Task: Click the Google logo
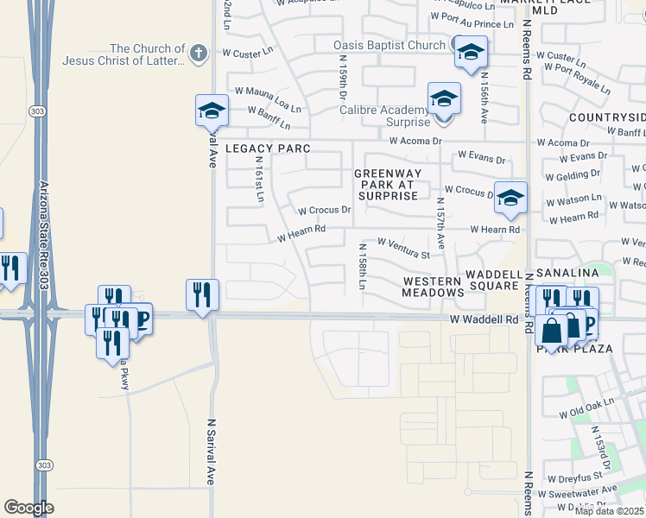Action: click(x=28, y=508)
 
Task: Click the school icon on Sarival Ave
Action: click(x=212, y=111)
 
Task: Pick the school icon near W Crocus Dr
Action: click(x=510, y=198)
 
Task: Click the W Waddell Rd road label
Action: click(x=484, y=319)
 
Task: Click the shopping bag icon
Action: click(x=551, y=331)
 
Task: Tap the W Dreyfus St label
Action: click(x=573, y=475)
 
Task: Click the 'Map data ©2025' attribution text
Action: click(x=610, y=511)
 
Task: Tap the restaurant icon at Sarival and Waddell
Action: click(x=202, y=294)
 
